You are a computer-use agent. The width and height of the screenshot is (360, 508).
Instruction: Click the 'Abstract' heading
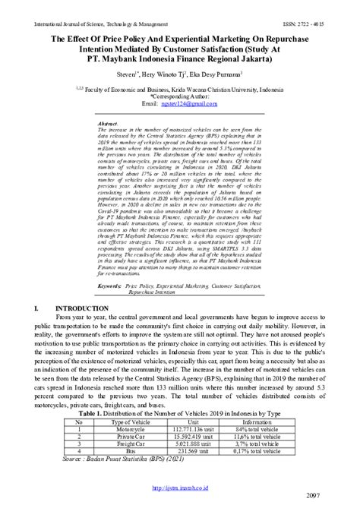pyautogui.click(x=109, y=121)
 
